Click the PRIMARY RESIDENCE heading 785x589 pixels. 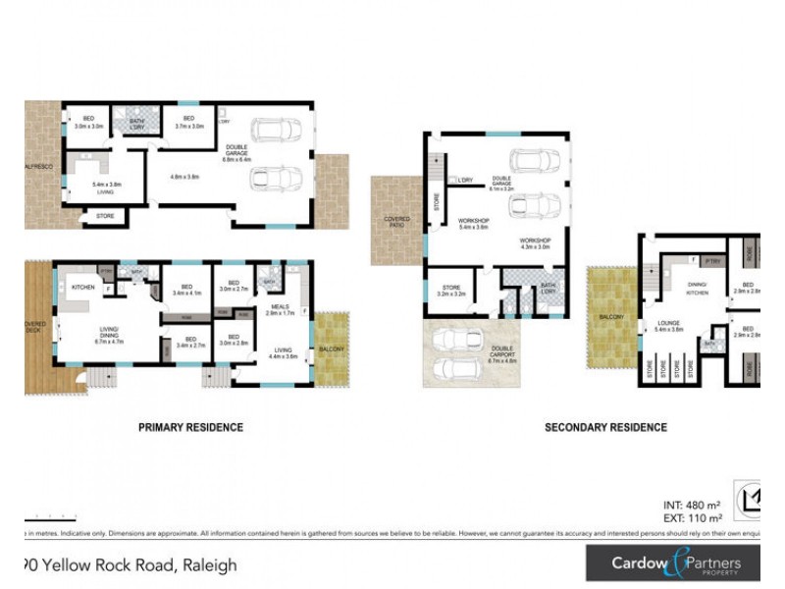pos(190,427)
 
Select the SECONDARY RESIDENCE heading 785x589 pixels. pos(605,427)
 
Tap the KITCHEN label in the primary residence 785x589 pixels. pos(82,287)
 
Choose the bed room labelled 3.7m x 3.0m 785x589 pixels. pos(189,123)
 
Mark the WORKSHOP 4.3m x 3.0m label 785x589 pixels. pos(536,243)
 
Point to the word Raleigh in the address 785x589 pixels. pos(209,564)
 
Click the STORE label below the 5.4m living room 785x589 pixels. pos(105,216)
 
